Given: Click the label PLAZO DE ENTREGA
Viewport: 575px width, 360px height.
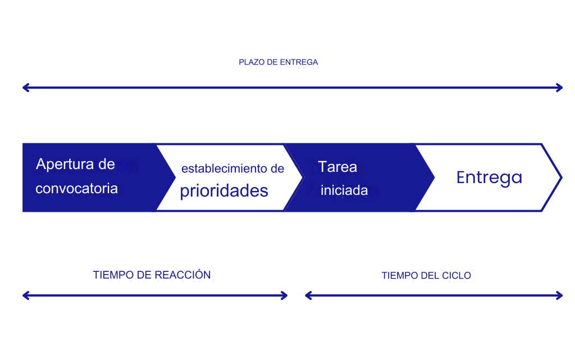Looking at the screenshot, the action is (279, 62).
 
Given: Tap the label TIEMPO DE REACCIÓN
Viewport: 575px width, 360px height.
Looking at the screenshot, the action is (152, 275).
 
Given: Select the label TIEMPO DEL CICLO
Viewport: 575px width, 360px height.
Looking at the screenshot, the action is (426, 276).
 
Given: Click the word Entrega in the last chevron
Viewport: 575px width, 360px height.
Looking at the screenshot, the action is (489, 178).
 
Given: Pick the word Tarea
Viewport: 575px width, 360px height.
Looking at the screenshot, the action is (337, 167).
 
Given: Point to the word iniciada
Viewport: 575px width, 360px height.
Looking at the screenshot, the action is (344, 190).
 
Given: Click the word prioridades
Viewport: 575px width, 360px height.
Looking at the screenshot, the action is (224, 191).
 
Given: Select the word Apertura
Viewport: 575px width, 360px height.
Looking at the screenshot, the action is (65, 164).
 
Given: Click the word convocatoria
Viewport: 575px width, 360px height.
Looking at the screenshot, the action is (76, 189).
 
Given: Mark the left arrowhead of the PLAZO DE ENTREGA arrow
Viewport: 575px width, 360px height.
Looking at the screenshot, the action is (25, 88).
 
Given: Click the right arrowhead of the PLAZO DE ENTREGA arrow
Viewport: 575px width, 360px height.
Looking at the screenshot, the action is (560, 88).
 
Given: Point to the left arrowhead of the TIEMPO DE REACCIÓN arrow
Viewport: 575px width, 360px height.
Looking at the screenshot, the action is (25, 295).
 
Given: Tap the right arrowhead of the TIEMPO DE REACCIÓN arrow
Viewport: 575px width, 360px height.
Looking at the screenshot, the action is (285, 295).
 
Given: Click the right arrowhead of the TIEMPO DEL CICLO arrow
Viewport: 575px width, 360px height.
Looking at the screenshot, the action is (560, 295).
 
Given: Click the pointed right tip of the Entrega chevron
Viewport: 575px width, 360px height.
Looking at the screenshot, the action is (562, 178).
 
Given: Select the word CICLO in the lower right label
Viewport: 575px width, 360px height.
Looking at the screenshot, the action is (457, 276).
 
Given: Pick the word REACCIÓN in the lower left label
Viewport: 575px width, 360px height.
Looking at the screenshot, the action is (182, 275).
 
